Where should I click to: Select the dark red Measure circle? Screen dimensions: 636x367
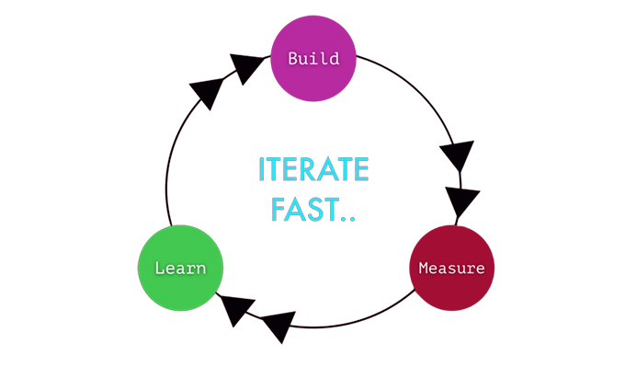[x=450, y=269]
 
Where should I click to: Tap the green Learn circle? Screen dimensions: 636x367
[x=180, y=269]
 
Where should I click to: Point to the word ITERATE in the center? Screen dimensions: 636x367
[x=313, y=170]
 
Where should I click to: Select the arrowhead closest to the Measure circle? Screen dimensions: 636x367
[x=462, y=201]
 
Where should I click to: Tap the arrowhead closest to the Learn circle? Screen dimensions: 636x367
[x=236, y=309]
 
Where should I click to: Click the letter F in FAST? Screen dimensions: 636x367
[x=277, y=210]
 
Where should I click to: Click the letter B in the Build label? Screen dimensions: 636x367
[x=293, y=59]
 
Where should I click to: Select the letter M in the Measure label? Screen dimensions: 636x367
[x=424, y=269]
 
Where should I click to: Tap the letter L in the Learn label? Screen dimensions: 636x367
[x=159, y=269]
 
